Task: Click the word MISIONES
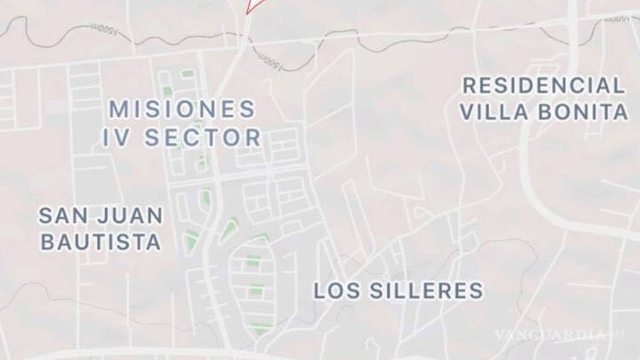[x=182, y=109]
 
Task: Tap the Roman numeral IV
[x=116, y=138]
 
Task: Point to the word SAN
[x=60, y=216]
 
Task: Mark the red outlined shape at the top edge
[x=254, y=6]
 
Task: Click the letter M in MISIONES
[x=118, y=109]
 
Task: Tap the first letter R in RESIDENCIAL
[x=469, y=86]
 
